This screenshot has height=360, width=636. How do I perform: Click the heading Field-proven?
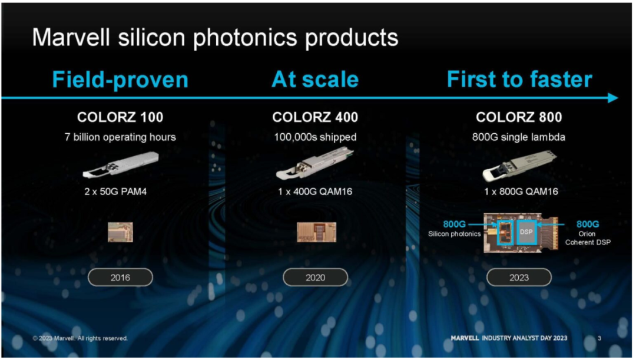tap(120, 80)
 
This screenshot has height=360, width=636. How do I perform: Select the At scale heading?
tap(315, 79)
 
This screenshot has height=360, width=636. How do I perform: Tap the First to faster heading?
tap(519, 79)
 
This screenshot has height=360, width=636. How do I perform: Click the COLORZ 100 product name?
tap(120, 117)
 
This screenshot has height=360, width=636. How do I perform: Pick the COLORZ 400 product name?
tap(315, 117)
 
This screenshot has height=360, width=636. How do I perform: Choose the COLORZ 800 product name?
tap(519, 117)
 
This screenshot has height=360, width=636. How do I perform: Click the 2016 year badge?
tap(121, 278)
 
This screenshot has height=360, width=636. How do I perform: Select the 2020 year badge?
tap(315, 278)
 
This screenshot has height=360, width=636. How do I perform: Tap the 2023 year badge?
tap(519, 278)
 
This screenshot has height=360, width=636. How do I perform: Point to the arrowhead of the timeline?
tap(613, 98)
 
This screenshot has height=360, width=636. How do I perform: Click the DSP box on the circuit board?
tap(526, 232)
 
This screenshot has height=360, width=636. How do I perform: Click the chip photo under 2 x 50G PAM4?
tap(121, 232)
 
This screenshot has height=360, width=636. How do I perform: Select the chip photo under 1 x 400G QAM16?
tap(316, 232)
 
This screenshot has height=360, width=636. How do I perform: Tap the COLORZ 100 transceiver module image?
tap(121, 164)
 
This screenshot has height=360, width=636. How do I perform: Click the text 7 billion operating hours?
tap(120, 137)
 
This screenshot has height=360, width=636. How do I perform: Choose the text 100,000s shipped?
tap(315, 137)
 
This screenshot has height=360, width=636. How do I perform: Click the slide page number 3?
tap(599, 338)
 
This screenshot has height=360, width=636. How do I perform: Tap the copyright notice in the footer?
tap(80, 338)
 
